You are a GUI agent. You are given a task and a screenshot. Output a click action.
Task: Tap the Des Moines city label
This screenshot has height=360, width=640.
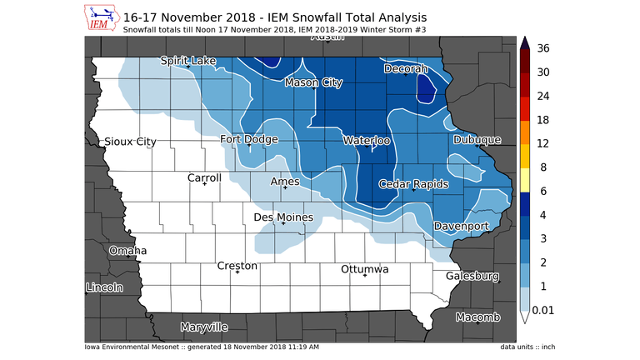[283, 217]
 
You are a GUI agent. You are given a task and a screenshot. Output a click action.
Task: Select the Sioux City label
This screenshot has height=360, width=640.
[129, 142]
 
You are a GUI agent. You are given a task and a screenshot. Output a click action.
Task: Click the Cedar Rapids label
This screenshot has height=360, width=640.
[414, 184]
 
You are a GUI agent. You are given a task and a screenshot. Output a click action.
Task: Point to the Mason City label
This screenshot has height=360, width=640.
[313, 83]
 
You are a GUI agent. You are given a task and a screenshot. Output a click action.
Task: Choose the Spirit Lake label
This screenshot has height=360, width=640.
[188, 61]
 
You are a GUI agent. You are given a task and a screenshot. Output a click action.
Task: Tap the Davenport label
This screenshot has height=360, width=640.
[461, 227]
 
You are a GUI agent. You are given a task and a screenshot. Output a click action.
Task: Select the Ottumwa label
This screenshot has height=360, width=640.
[365, 270]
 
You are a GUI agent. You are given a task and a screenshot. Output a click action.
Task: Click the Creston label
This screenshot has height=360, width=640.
[237, 267]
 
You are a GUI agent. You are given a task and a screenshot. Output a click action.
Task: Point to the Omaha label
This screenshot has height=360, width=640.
[127, 251]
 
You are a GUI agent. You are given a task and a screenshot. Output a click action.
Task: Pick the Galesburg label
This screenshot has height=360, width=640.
[472, 276]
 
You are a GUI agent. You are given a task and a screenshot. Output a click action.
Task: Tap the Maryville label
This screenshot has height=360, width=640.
[204, 327]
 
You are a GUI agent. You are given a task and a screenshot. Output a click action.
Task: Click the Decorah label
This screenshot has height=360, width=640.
[406, 69]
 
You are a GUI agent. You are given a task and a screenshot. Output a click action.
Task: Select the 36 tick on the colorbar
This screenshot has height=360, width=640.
[544, 48]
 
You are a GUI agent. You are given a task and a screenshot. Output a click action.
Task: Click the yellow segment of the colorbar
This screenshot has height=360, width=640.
[526, 179]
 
